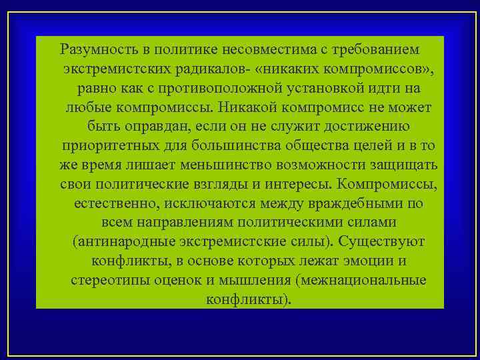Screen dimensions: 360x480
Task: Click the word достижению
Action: (367, 126)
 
